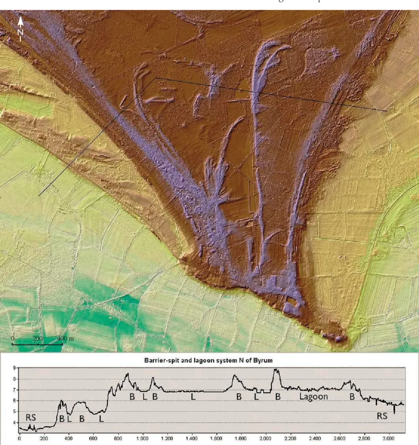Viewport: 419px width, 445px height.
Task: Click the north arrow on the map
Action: point(20,21)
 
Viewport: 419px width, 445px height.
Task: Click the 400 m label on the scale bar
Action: point(66,338)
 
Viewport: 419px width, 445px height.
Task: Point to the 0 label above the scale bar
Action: point(13,338)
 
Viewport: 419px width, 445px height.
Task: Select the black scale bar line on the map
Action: point(37,344)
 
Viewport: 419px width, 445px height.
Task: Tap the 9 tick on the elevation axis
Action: point(14,368)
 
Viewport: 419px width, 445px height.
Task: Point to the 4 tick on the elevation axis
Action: point(14,422)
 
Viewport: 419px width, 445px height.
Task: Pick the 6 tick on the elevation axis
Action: point(14,401)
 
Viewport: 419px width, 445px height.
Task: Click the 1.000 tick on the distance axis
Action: point(142,439)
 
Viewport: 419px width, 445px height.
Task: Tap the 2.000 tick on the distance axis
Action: point(266,439)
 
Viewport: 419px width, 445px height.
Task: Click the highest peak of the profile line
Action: point(275,370)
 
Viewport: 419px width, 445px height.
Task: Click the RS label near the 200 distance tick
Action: point(30,417)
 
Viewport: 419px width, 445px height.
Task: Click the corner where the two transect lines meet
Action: point(155,78)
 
